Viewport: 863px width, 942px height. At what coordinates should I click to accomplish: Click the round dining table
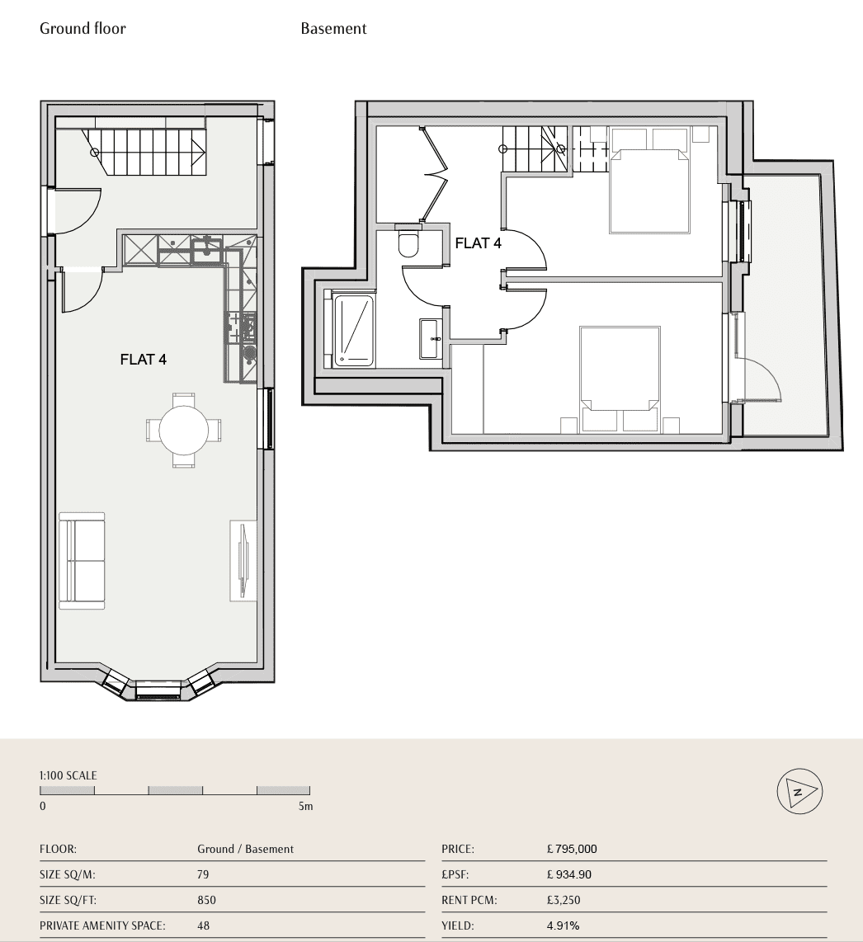point(184,430)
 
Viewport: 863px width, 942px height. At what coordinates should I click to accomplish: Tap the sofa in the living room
point(82,561)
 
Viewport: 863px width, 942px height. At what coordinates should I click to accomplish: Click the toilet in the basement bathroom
point(408,242)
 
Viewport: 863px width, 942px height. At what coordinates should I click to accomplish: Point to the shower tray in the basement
point(353,330)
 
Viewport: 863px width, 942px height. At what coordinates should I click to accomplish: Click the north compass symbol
point(799,791)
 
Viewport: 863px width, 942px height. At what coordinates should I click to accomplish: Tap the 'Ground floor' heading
point(83,28)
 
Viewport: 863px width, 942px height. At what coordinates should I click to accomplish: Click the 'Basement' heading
point(333,28)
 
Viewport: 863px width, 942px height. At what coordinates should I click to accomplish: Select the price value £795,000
point(572,849)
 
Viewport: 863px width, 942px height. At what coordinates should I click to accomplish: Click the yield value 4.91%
point(564,926)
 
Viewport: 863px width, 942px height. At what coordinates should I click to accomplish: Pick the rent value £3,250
point(564,900)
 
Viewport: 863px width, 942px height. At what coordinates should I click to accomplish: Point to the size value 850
point(206,900)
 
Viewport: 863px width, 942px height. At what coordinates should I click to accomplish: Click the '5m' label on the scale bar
point(306,806)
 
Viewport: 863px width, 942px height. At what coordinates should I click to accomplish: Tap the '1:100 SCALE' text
point(68,775)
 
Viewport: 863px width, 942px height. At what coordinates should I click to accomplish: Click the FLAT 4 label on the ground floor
point(143,360)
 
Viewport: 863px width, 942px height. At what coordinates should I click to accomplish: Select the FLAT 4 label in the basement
point(478,243)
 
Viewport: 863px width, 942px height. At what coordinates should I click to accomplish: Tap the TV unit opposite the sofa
point(243,561)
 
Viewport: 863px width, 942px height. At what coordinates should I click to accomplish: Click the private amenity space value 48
point(203,926)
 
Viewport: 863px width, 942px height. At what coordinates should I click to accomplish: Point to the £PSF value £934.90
point(568,874)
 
